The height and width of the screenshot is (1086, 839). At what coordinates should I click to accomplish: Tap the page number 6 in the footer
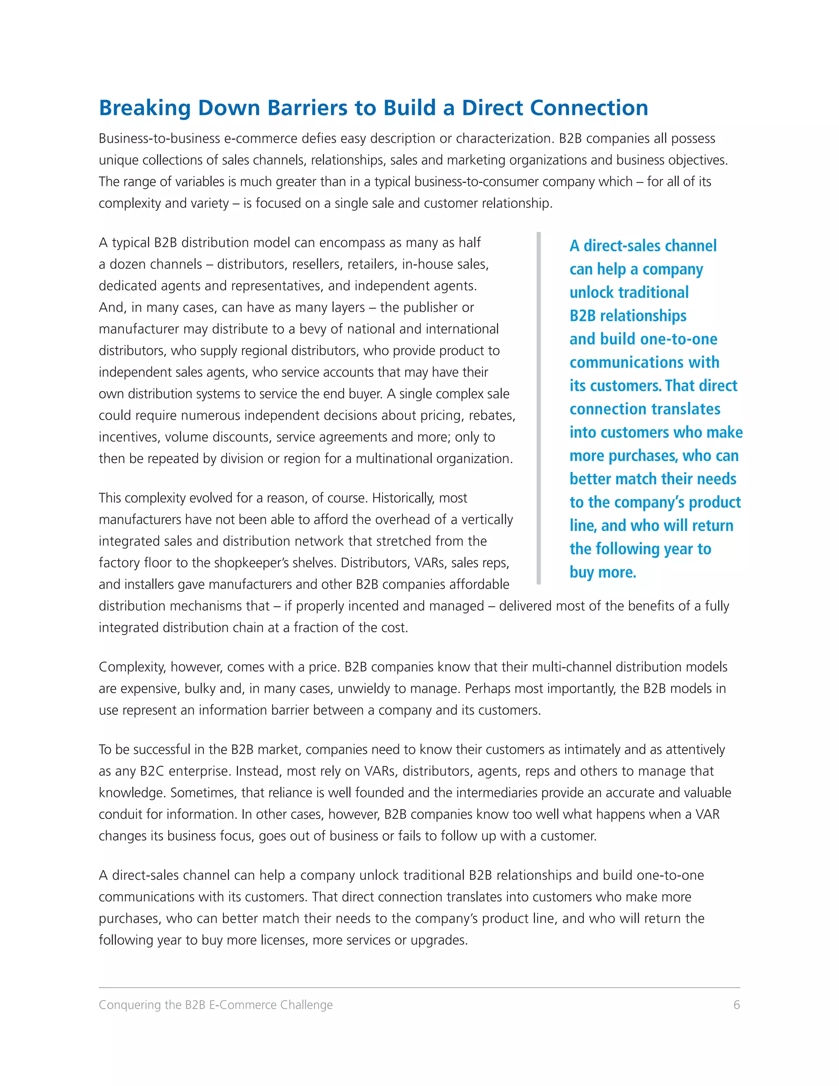tap(736, 1005)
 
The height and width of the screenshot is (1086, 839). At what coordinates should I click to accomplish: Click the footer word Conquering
tap(130, 1005)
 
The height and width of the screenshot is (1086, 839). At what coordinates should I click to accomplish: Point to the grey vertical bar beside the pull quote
tap(538, 408)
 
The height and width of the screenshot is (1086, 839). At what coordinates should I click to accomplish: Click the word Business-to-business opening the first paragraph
tap(159, 139)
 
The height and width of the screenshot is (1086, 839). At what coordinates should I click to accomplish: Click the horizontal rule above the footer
tap(419, 988)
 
